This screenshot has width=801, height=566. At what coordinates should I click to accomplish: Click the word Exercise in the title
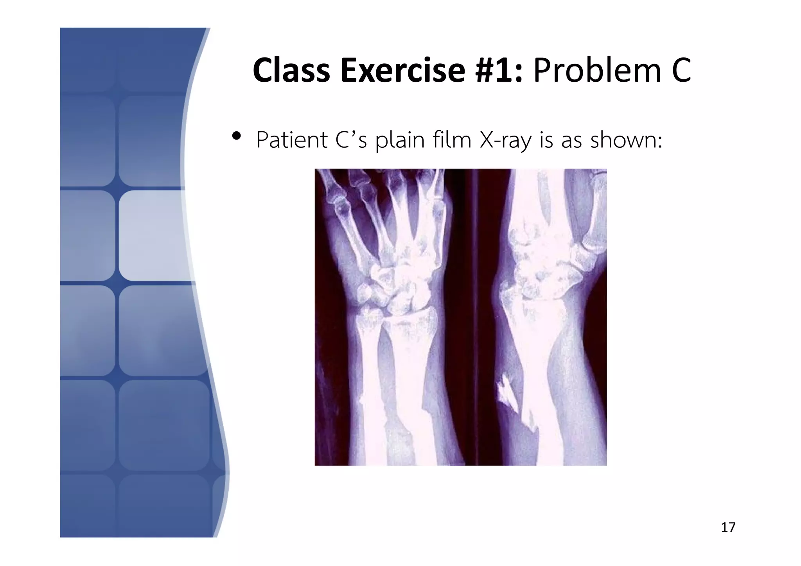point(403,70)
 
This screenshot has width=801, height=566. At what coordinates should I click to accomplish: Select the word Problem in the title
point(597,70)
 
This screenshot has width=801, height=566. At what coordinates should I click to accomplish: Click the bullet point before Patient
point(236,136)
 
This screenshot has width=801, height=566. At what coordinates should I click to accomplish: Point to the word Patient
point(292,140)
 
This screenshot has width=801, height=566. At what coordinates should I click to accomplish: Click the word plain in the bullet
point(400,141)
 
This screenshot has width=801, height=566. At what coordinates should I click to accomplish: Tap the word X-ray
point(505,141)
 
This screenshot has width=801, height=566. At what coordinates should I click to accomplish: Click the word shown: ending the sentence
point(626,140)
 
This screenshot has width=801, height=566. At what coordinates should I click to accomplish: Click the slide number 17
point(728,527)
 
